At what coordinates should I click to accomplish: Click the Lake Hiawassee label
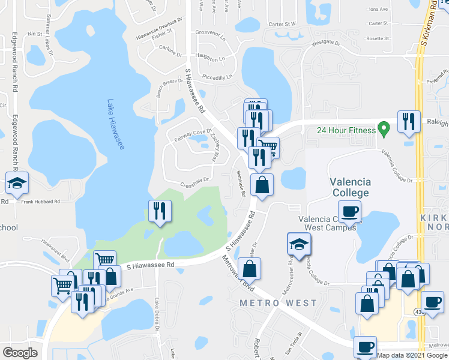[x=116, y=124]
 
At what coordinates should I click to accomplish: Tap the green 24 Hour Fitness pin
[x=384, y=129]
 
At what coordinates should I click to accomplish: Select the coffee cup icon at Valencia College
[x=350, y=211]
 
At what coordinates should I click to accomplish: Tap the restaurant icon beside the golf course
[x=160, y=211]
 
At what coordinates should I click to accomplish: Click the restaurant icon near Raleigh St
[x=409, y=121]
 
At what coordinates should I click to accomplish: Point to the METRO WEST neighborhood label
[x=277, y=303]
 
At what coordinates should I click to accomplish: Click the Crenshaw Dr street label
[x=194, y=179]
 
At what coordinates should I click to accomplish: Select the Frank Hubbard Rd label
[x=41, y=202]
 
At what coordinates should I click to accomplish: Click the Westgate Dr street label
[x=325, y=43]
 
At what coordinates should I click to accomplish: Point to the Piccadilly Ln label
[x=216, y=77]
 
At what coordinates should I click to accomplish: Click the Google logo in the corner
[x=20, y=353]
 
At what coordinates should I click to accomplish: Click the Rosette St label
[x=378, y=38]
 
